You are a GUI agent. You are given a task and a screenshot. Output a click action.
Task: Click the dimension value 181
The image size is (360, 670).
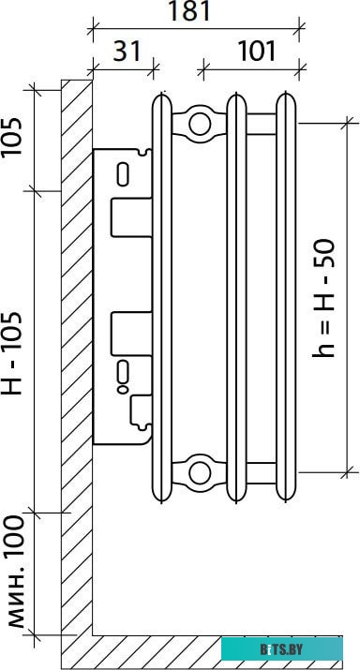[189, 11]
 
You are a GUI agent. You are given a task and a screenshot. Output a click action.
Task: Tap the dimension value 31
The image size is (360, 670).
[127, 52]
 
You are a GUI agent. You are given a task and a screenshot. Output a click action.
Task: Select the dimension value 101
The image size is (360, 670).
[257, 52]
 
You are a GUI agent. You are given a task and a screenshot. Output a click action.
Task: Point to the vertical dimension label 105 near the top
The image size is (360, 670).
[11, 137]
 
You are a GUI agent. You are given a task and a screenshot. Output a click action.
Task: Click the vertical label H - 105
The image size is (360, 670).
[11, 353]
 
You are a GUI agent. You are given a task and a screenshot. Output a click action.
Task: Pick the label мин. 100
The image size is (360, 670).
[13, 572]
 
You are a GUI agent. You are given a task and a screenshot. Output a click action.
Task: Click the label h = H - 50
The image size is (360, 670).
[322, 298]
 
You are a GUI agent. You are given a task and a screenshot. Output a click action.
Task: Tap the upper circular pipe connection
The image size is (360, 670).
[200, 125]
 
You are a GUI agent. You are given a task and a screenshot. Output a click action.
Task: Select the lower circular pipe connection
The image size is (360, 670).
[200, 473]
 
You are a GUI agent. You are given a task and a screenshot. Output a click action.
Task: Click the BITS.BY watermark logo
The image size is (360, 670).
[281, 650]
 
